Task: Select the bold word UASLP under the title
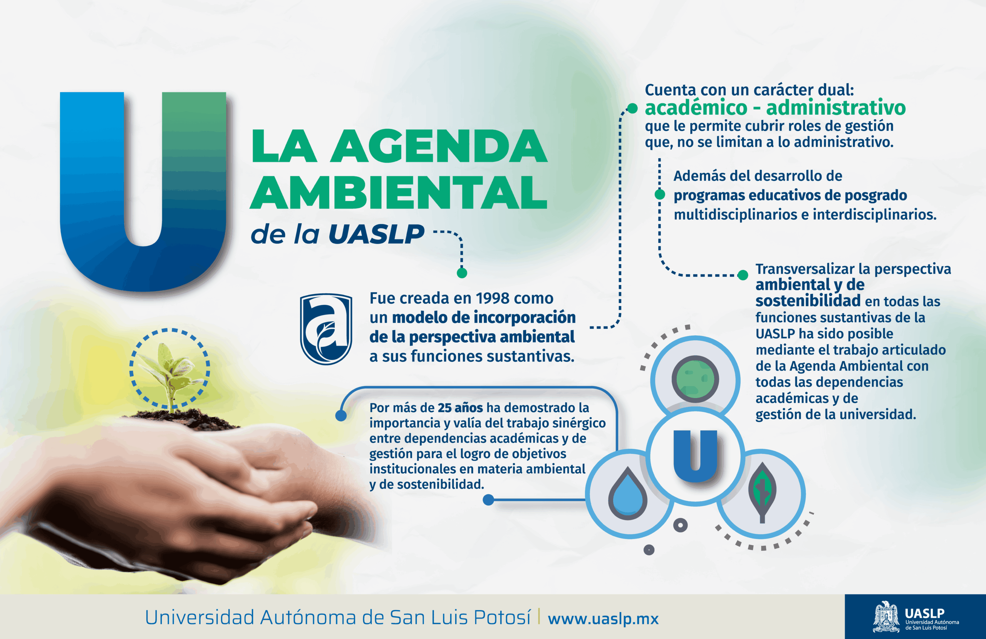point(377,234)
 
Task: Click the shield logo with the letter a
point(326,329)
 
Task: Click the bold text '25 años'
point(460,408)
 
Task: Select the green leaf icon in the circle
point(762,492)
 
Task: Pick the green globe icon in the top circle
point(695,379)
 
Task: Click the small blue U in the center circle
point(695,456)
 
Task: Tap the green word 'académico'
point(696,108)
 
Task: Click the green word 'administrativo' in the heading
point(836,108)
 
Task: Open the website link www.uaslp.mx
point(603,619)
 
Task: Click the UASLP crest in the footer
point(886,617)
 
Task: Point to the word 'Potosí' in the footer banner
point(502,617)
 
